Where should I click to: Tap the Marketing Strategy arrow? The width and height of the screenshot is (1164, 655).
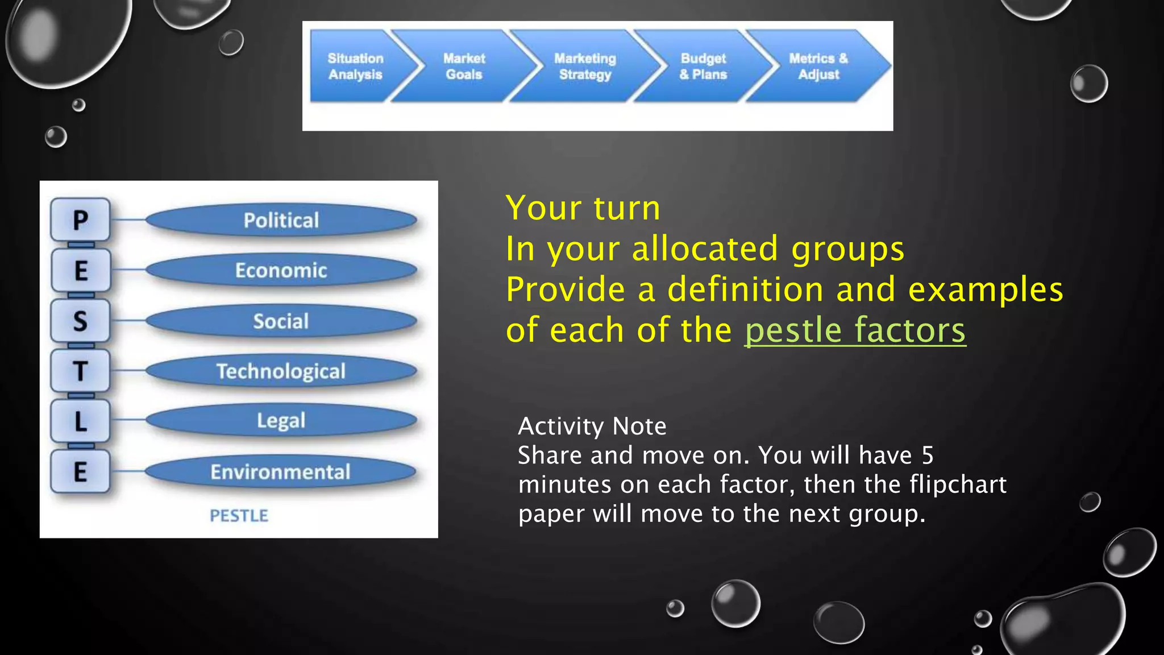585,67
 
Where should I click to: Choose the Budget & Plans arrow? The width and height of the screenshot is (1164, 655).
703,67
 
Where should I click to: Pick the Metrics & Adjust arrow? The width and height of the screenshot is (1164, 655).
818,67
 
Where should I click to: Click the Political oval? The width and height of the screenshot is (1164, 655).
281,220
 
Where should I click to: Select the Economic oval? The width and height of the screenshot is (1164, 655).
281,270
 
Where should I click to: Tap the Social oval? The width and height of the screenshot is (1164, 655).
281,321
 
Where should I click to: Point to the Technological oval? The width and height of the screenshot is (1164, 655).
281,371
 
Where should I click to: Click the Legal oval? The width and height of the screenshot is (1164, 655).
281,420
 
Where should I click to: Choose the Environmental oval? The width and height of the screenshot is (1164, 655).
281,472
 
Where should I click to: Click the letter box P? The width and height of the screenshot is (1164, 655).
80,220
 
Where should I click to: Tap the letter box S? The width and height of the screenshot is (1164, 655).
80,321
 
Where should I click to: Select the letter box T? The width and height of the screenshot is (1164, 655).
80,371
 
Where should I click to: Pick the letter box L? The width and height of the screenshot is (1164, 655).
80,421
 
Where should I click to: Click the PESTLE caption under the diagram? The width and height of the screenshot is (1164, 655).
239,516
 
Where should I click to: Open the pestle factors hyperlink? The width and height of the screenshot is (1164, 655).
855,330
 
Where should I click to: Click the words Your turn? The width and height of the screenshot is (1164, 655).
583,208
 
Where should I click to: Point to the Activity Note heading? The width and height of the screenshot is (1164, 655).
592,426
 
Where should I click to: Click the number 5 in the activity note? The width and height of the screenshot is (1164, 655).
928,455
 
